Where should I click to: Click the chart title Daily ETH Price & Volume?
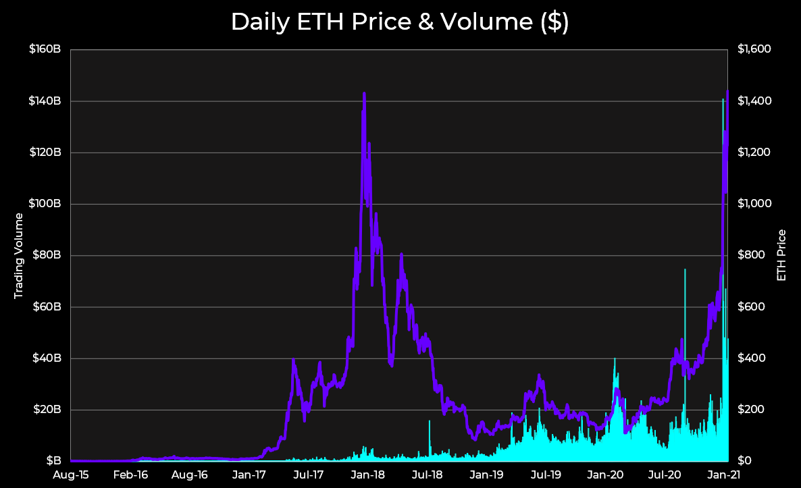pyautogui.click(x=400, y=22)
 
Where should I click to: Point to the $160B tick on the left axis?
pyautogui.click(x=45, y=49)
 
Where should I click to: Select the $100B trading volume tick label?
pyautogui.click(x=45, y=204)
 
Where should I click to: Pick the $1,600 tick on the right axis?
pyautogui.click(x=754, y=49)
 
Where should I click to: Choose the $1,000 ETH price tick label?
pyautogui.click(x=754, y=204)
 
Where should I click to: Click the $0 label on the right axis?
pyautogui.click(x=745, y=461)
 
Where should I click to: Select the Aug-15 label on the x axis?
pyautogui.click(x=71, y=475)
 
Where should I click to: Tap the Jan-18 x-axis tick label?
pyautogui.click(x=369, y=475)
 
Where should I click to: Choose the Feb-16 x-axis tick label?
pyautogui.click(x=131, y=475)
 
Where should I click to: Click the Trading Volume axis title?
pyautogui.click(x=19, y=255)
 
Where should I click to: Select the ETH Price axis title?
pyautogui.click(x=782, y=255)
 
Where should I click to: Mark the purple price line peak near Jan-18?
pyautogui.click(x=364, y=94)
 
